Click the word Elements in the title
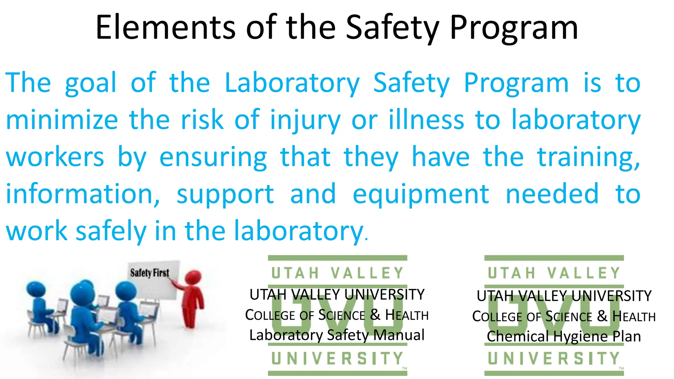coord(165,28)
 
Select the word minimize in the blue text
coord(62,120)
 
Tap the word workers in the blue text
coord(55,157)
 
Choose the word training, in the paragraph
coord(589,158)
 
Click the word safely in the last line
coord(111,232)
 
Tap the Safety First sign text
coord(149,273)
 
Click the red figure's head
coord(193,277)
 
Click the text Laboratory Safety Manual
coord(337,335)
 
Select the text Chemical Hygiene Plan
coord(564,337)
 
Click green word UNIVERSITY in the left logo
coord(337,359)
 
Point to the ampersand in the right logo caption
coord(602,316)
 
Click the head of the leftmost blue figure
coord(35,289)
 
